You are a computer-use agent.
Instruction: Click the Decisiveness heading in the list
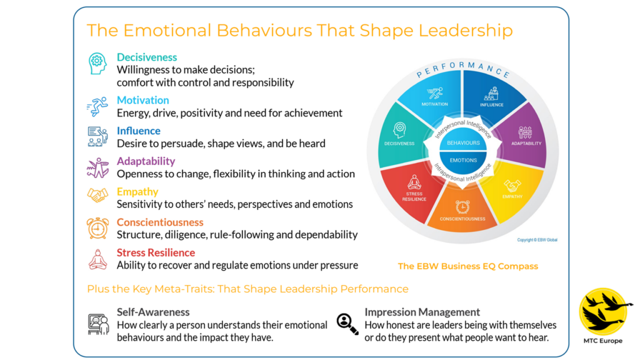point(147,57)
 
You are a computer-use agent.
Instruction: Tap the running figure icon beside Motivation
point(97,107)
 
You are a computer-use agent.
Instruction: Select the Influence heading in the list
point(139,131)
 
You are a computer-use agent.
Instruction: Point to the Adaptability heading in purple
point(146,161)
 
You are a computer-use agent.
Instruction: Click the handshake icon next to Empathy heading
point(97,196)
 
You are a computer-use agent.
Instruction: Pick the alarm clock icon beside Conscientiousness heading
point(97,227)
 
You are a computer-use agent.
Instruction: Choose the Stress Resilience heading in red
point(156,252)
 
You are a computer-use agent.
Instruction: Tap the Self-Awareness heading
point(153,312)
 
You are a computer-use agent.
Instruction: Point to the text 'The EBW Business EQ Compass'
point(467,266)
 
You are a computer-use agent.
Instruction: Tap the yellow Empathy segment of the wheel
point(512,191)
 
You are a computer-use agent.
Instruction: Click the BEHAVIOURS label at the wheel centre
point(463,143)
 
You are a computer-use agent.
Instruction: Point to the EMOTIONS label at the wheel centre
point(463,160)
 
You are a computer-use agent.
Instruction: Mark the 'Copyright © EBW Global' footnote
point(536,239)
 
